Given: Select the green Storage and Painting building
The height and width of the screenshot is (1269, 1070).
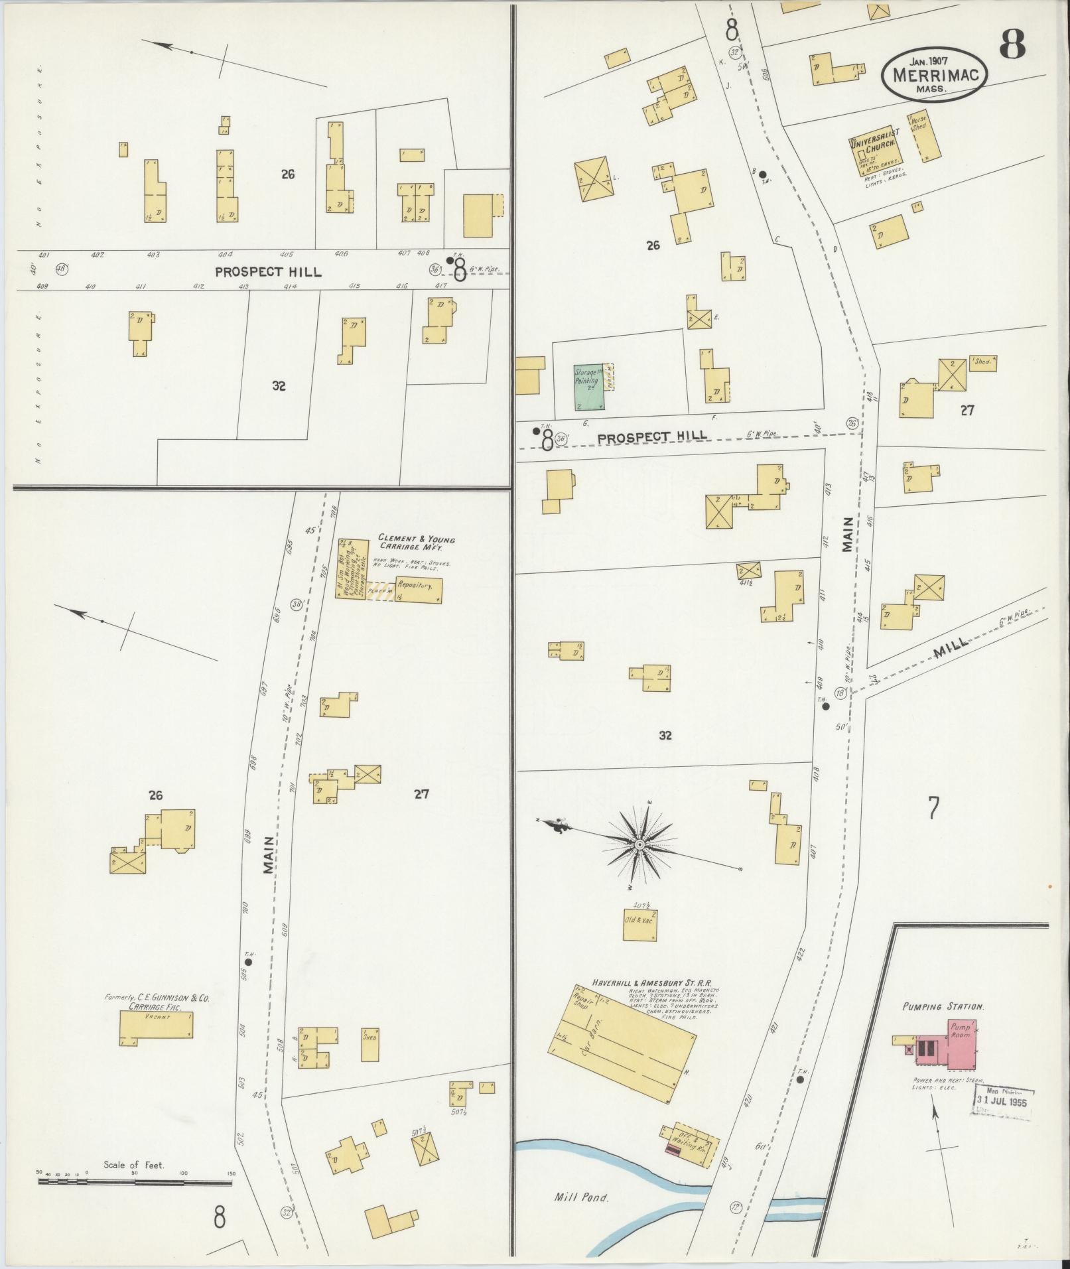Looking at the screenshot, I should pos(589,385).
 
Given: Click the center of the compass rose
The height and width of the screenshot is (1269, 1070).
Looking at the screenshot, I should pos(639,844).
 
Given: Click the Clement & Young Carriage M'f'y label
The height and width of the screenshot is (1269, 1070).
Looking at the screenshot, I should pos(417,543).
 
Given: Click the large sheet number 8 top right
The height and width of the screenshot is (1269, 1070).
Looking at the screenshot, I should pos(1012,43).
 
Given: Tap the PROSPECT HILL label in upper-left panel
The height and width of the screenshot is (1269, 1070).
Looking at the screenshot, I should pos(267,271).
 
